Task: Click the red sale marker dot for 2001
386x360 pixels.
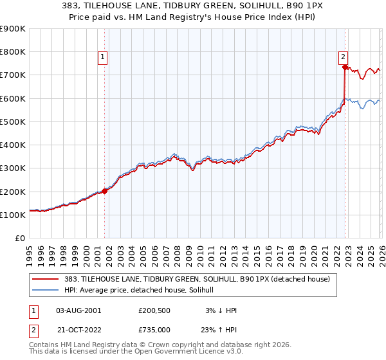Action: click(x=104, y=191)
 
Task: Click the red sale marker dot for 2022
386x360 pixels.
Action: click(x=345, y=67)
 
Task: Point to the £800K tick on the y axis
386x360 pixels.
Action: click(x=13, y=52)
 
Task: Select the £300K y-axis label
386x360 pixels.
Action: click(x=13, y=168)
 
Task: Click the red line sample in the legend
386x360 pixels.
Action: click(x=46, y=279)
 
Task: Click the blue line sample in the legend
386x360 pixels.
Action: click(x=46, y=290)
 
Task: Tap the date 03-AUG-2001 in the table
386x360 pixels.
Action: click(x=78, y=310)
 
